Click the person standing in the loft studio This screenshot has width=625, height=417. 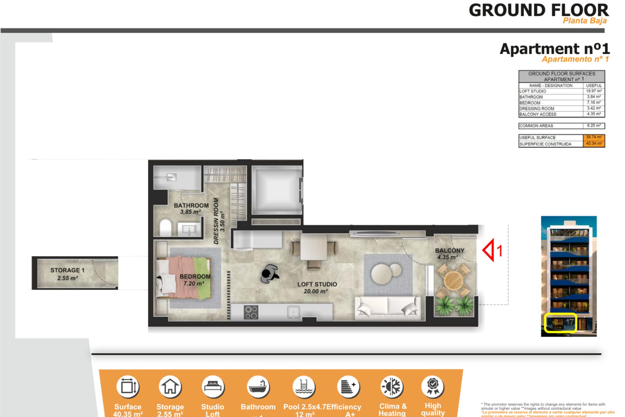270,274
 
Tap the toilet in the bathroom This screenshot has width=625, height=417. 165,227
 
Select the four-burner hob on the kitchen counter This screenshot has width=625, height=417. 251,312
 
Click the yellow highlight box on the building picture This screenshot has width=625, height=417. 560,323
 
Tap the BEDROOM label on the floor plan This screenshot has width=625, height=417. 195,277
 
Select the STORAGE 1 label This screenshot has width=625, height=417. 67,270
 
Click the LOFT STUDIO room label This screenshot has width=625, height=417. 317,284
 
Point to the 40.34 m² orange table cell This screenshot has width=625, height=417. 594,144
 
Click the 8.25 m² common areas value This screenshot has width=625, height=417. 594,126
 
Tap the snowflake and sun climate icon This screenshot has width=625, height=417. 392,387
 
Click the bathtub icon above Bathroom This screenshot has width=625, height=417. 258,387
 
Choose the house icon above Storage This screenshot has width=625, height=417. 170,387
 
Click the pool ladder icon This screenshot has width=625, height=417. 304,387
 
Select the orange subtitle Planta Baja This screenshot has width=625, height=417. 585,21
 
